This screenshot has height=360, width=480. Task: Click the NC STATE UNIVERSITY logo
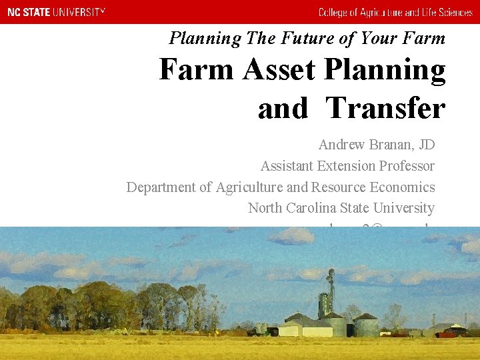tap(56, 12)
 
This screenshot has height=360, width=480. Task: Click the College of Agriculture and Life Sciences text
tap(395, 12)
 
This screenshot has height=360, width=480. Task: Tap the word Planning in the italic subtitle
tap(205, 38)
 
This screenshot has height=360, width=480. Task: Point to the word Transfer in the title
tap(386, 107)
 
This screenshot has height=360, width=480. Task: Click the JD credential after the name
tap(425, 145)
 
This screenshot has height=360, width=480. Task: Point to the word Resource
tap(336, 187)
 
